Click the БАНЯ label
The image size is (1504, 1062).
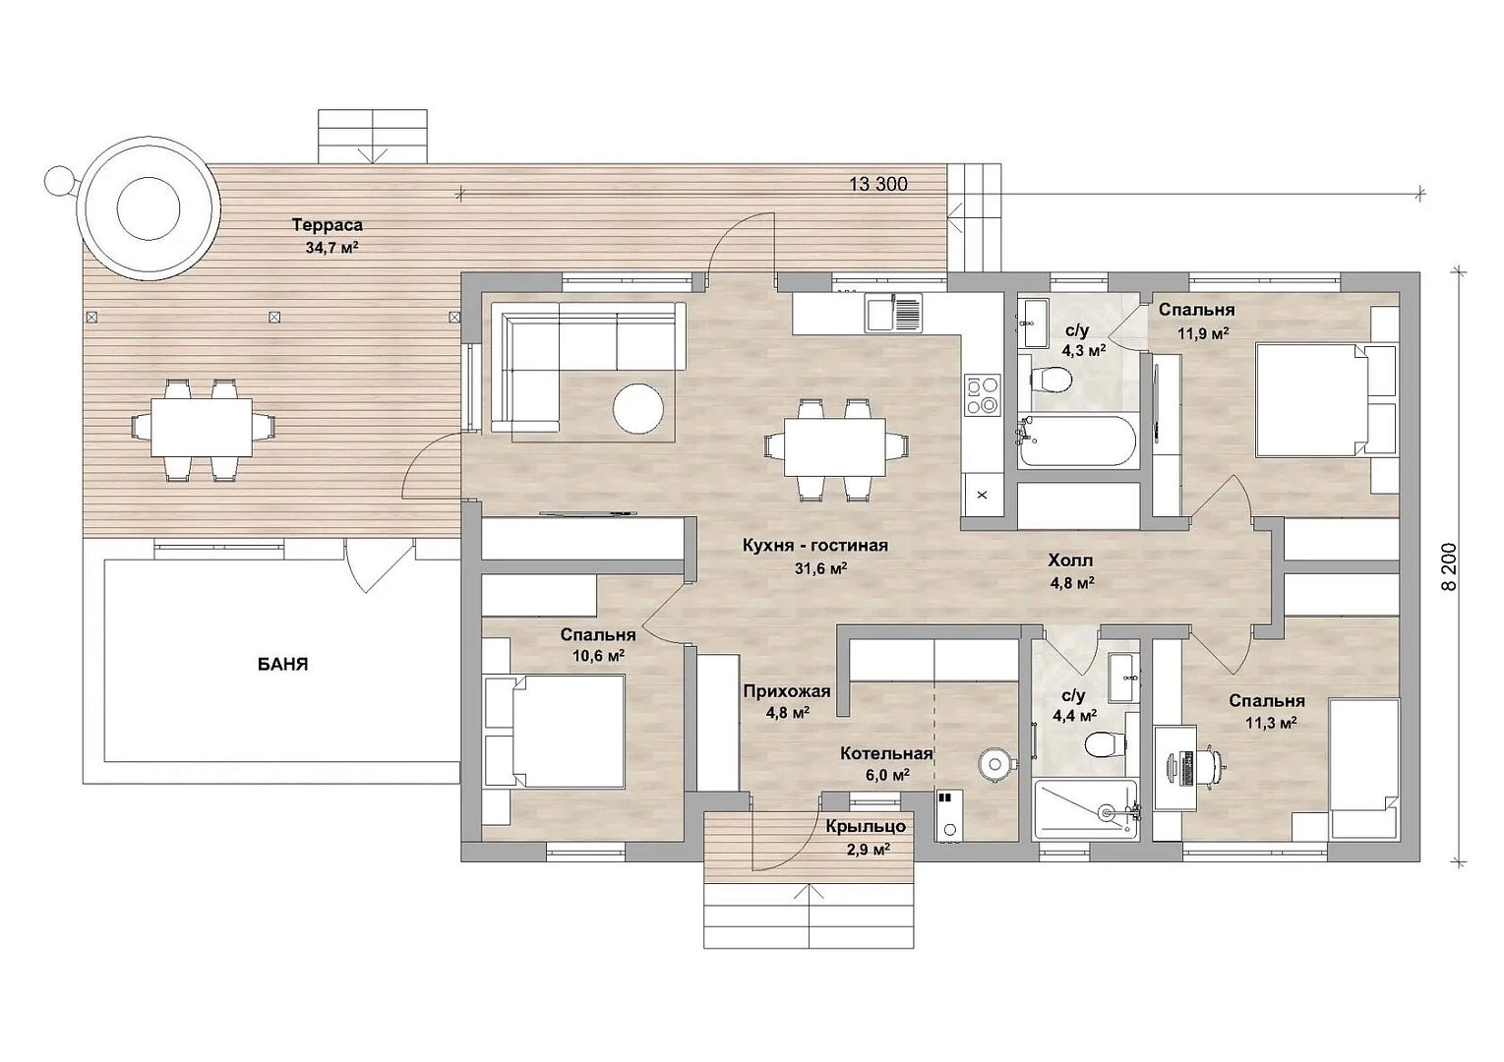click(282, 665)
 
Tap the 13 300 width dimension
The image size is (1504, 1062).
click(878, 184)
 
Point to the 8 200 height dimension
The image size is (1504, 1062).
click(1450, 566)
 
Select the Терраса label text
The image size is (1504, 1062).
click(327, 225)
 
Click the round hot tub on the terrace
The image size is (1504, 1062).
click(149, 208)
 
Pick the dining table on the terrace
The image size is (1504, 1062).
click(202, 428)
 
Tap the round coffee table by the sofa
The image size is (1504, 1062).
click(637, 407)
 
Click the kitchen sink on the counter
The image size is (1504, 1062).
click(894, 314)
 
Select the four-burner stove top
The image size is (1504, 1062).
click(983, 394)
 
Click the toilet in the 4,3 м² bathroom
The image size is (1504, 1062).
click(1051, 380)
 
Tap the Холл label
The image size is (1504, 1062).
click(1071, 560)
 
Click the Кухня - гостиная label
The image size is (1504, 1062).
click(815, 545)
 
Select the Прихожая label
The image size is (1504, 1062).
click(787, 690)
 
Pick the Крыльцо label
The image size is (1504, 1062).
click(867, 826)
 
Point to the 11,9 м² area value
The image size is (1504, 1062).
click(1203, 333)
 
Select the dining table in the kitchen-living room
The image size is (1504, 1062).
click(835, 447)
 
